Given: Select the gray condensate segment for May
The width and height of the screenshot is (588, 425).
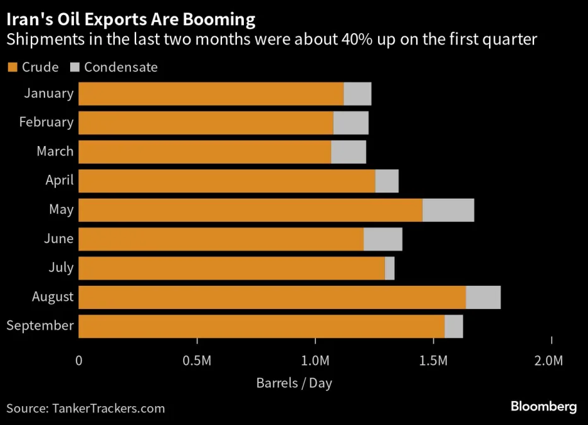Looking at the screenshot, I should click(448, 210).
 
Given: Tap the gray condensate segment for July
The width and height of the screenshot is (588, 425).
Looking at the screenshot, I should click(390, 268).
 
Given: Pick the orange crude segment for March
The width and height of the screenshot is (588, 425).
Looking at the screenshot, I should click(205, 152).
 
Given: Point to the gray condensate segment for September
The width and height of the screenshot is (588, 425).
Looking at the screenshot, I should click(453, 326).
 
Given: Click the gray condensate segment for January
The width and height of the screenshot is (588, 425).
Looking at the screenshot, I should click(357, 93).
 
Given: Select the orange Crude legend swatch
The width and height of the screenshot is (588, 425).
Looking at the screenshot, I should click(12, 67).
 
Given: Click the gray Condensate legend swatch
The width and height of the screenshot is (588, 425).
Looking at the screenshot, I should click(74, 67).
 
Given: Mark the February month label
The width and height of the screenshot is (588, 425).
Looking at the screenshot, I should click(46, 122).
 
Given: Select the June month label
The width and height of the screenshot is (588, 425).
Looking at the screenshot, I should click(59, 239).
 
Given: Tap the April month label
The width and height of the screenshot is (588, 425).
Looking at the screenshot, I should click(60, 181).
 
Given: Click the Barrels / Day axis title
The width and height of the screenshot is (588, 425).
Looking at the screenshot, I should click(294, 383).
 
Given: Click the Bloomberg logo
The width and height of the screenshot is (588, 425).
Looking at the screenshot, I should click(543, 407).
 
